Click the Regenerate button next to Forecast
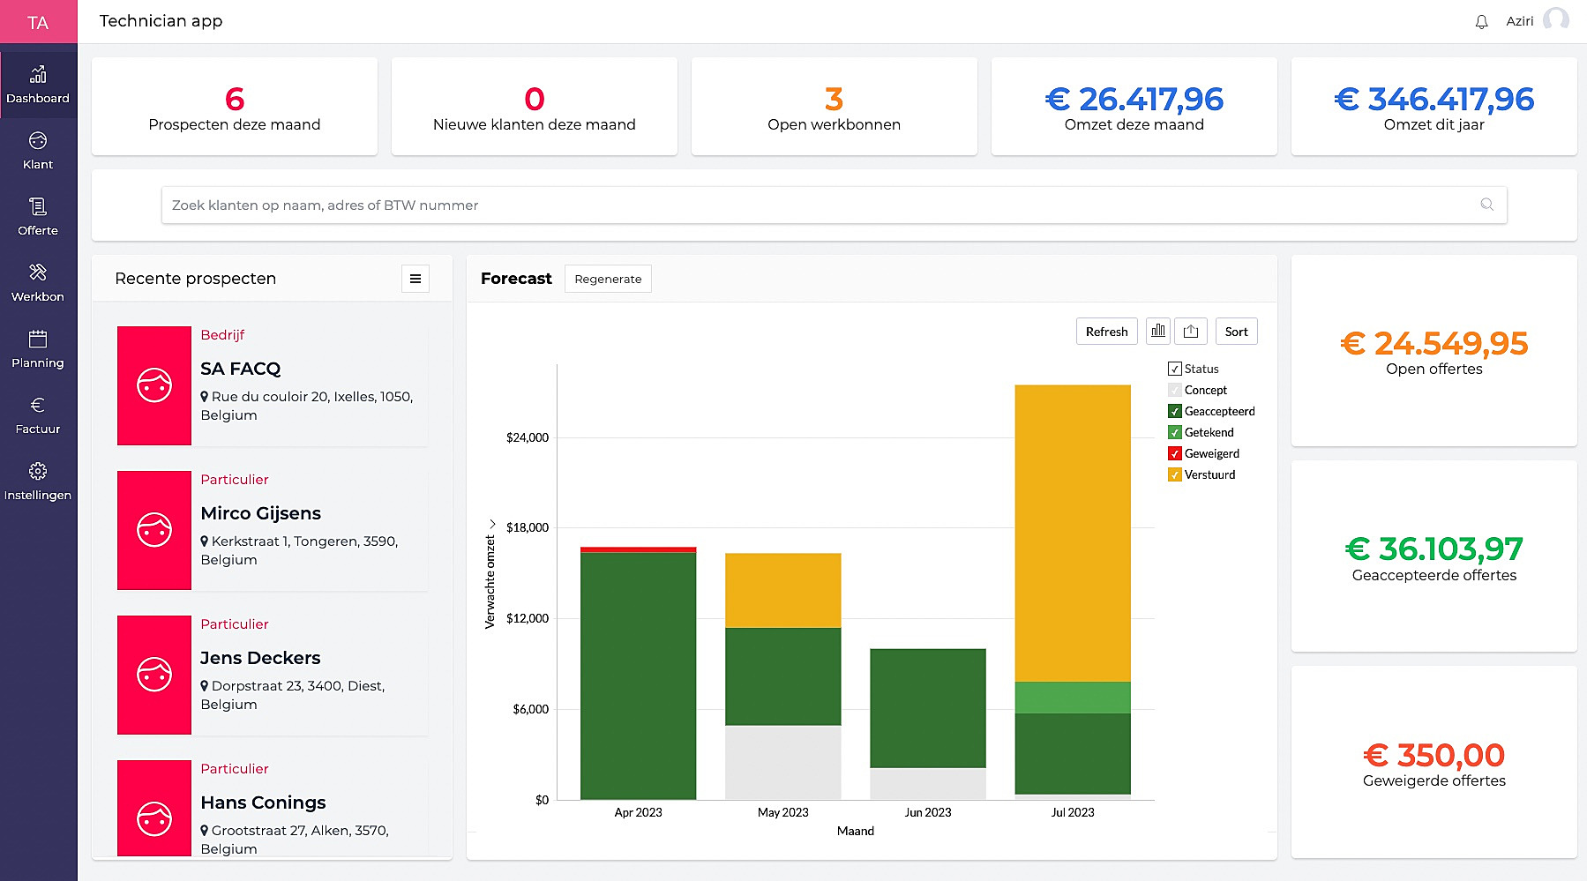[608, 279]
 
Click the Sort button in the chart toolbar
[1236, 332]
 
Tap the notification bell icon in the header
[1481, 22]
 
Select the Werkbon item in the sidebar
[38, 282]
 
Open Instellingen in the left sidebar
[38, 481]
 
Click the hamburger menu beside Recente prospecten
[415, 279]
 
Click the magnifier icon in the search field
[1486, 205]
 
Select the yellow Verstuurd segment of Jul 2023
[1072, 533]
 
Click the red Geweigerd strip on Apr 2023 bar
[638, 549]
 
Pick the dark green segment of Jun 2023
[927, 708]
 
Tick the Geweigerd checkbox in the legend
[1174, 453]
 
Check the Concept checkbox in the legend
[1174, 390]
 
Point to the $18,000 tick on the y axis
[528, 527]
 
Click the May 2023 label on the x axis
[782, 812]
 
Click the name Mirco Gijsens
[260, 513]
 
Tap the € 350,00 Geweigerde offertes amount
[1434, 755]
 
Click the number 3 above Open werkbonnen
[834, 99]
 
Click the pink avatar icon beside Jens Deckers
[154, 675]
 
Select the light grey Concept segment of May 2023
[782, 762]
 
